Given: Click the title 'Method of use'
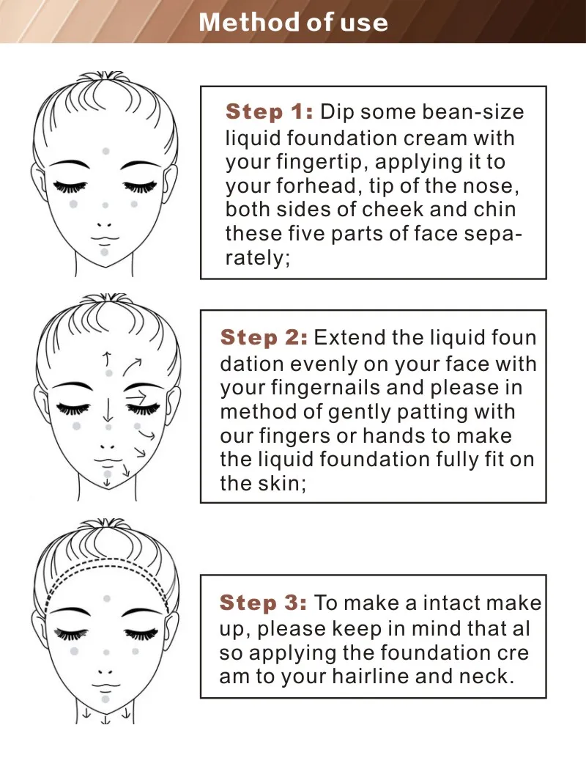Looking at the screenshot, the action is click(x=293, y=22).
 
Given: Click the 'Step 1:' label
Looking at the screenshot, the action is click(x=270, y=111).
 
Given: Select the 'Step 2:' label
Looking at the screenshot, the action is click(x=264, y=337).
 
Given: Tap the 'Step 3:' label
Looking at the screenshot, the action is click(x=263, y=603).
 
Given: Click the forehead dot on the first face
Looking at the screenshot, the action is click(x=105, y=151).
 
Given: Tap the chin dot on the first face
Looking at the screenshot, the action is click(x=104, y=252).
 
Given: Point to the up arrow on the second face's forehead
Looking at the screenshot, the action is click(x=107, y=359).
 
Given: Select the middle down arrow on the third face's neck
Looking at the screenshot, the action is click(x=105, y=719).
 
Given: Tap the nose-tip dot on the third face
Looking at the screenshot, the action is click(x=106, y=652).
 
